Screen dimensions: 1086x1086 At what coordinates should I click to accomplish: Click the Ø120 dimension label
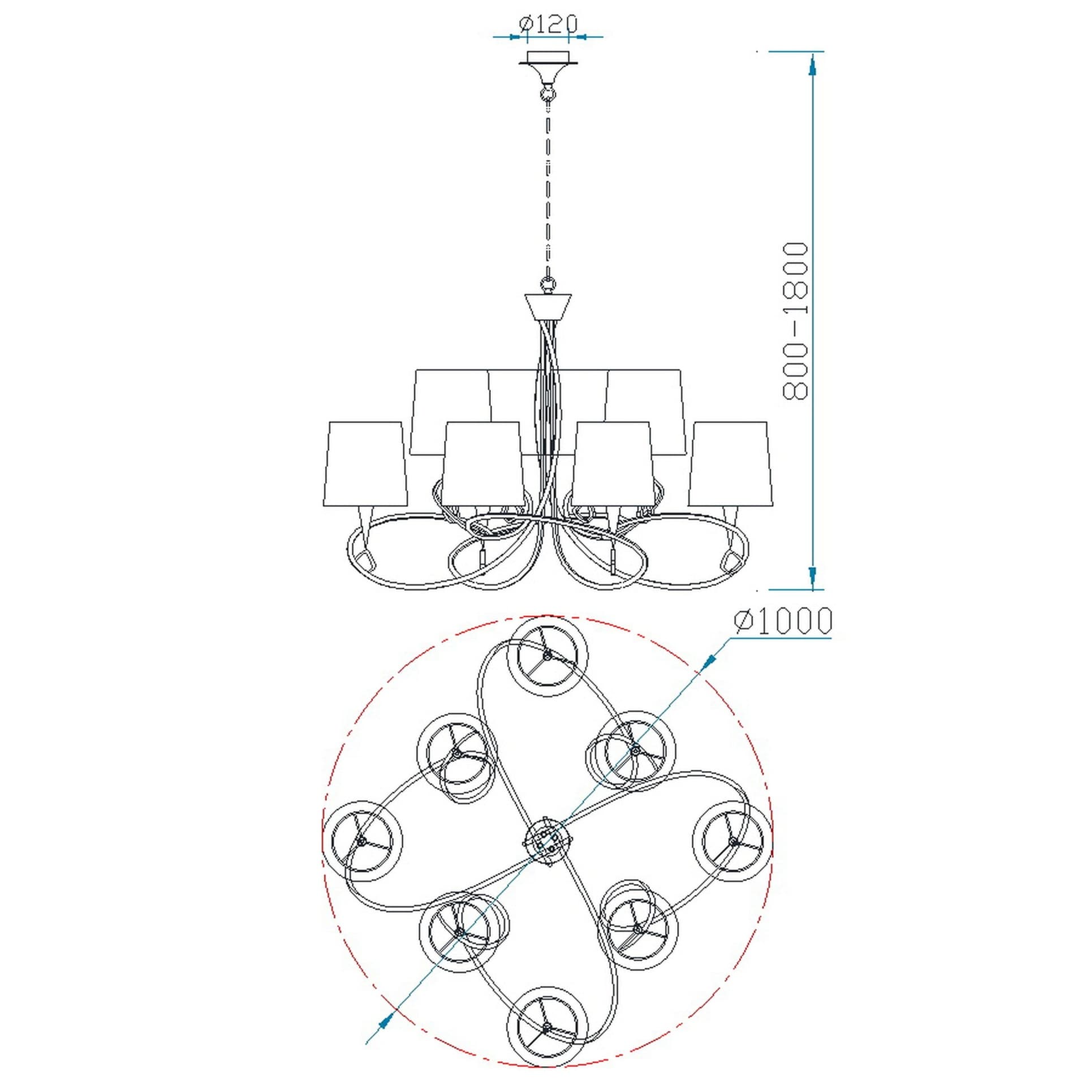click(548, 25)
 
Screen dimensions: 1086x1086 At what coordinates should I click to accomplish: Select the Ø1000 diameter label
click(783, 621)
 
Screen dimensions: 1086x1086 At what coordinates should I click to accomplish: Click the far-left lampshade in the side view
click(365, 463)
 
